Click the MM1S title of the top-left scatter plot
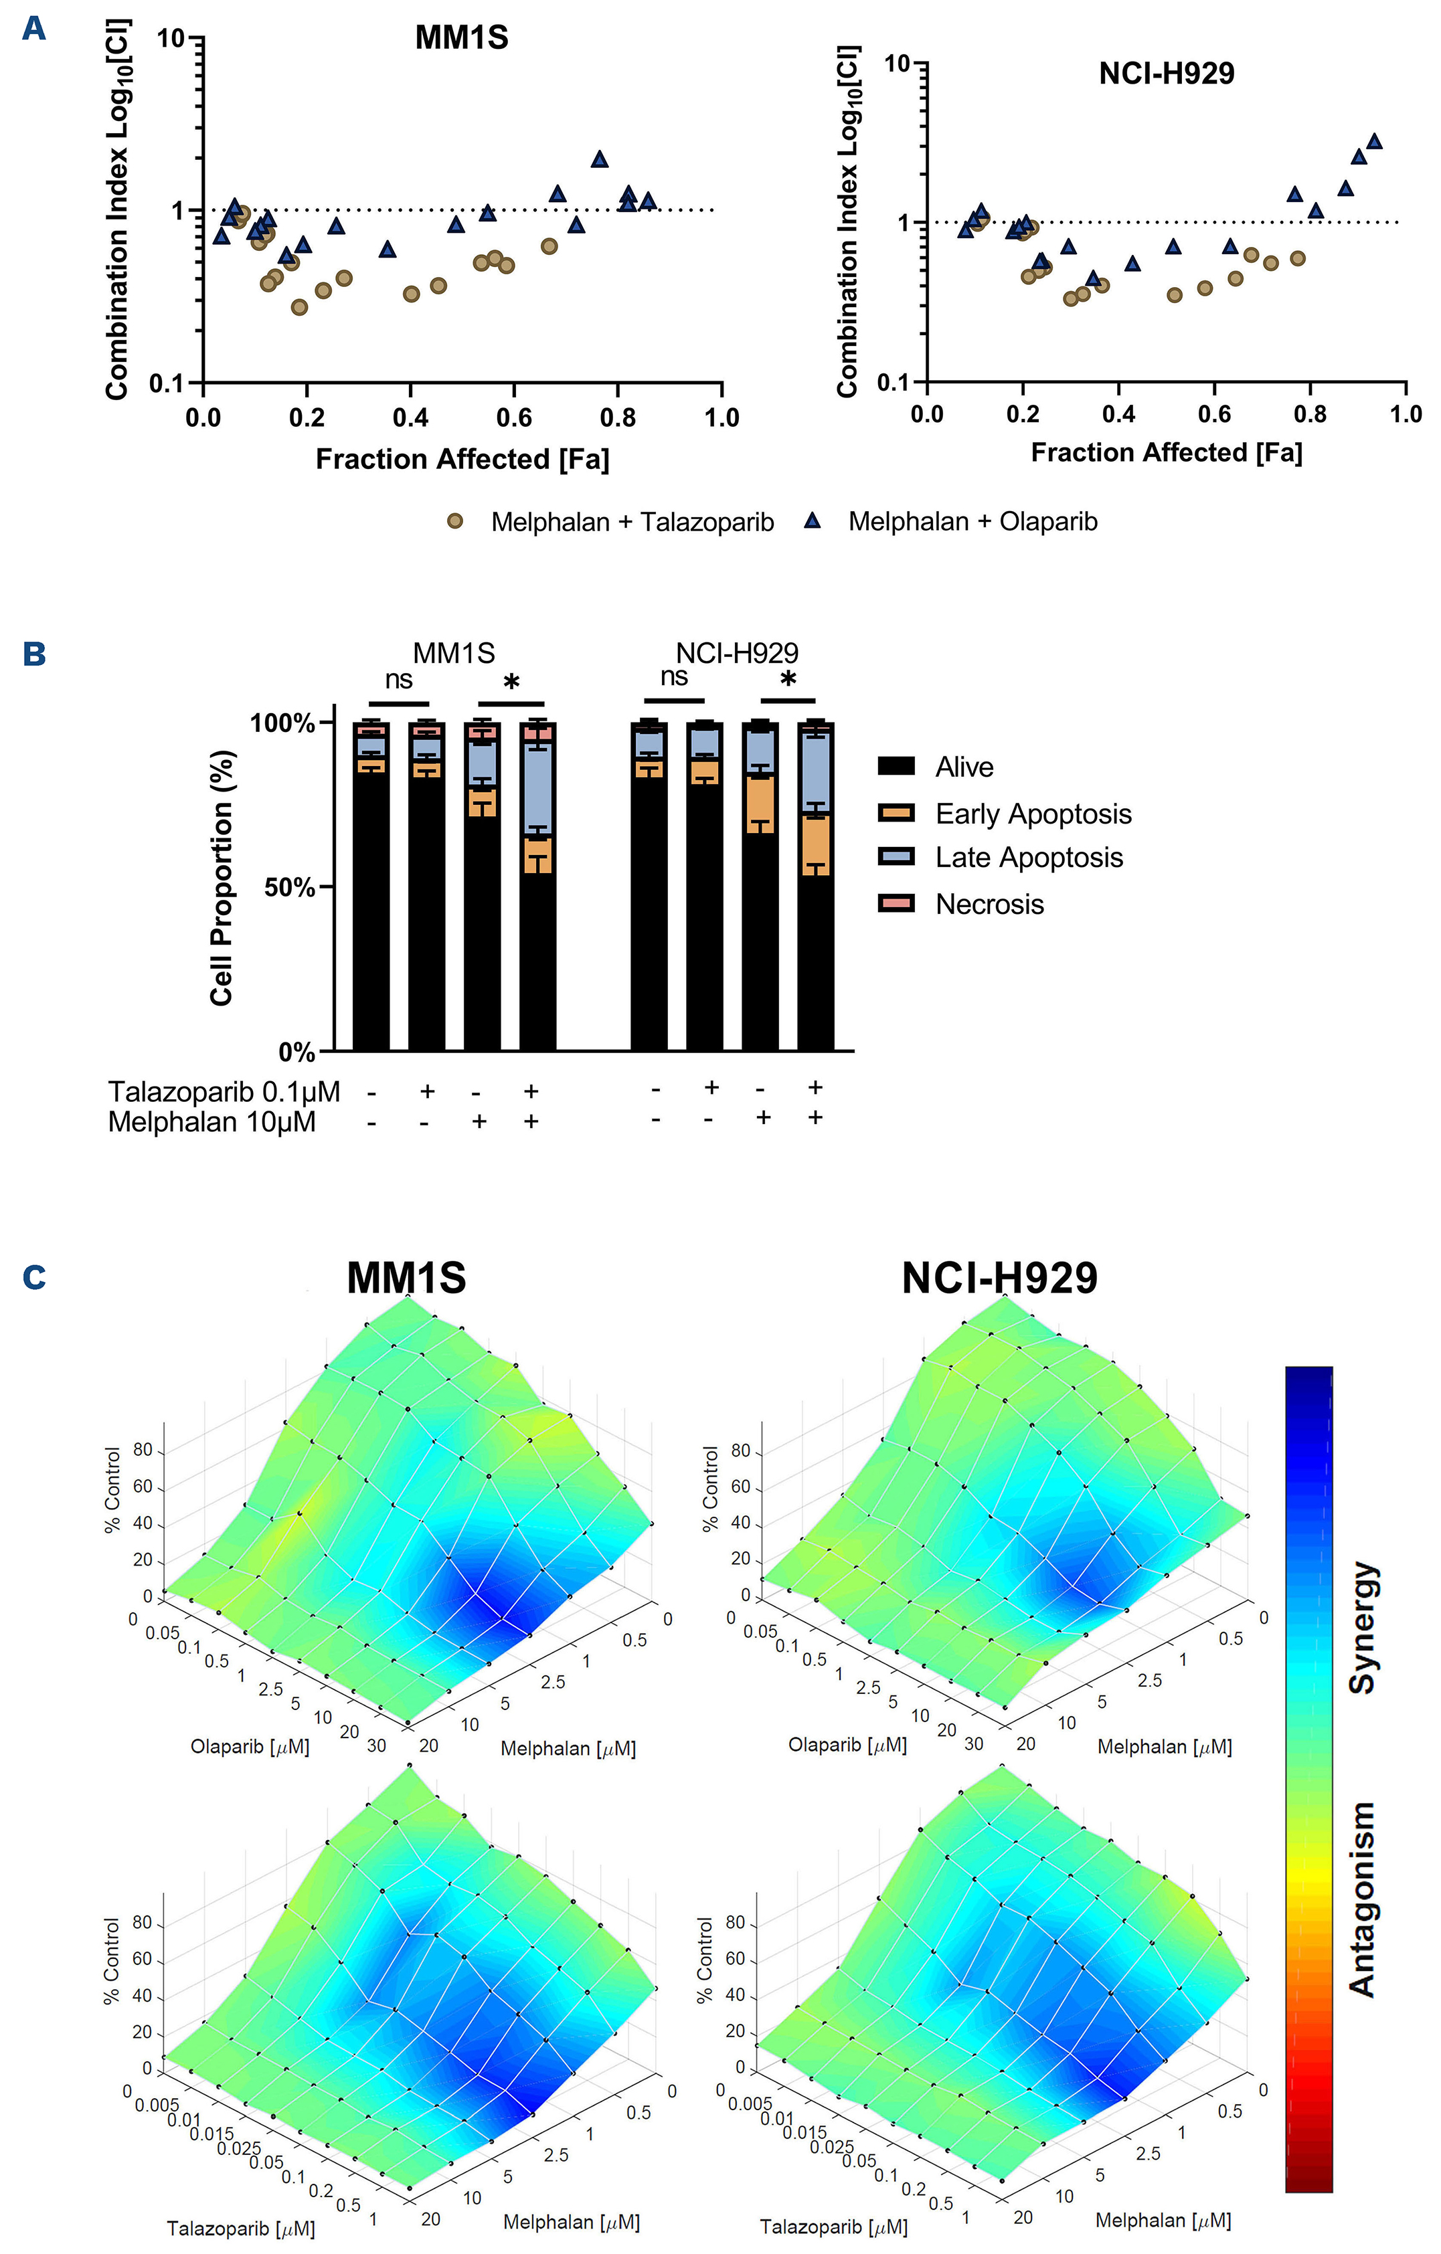[x=462, y=37]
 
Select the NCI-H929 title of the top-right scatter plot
[x=1166, y=73]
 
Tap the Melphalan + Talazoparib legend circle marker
[x=455, y=521]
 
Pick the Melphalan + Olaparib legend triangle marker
[x=812, y=521]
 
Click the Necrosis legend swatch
[x=895, y=903]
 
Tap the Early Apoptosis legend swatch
[x=895, y=812]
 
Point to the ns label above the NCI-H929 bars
[x=673, y=677]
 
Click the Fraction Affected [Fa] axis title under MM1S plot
[x=462, y=460]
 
